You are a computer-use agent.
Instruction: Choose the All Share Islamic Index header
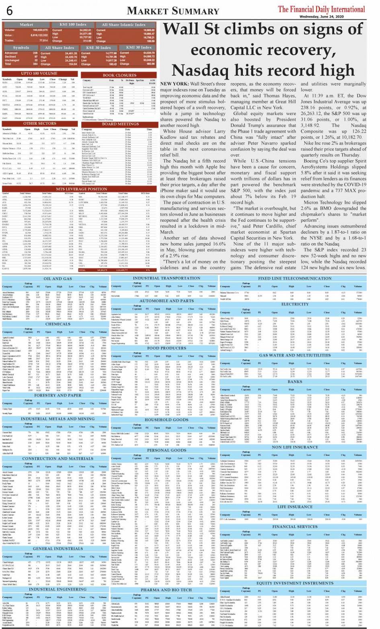[123, 25]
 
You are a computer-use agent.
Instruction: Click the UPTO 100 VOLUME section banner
[39, 74]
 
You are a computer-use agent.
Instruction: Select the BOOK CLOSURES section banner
[119, 75]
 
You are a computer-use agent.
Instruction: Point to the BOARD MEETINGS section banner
[120, 124]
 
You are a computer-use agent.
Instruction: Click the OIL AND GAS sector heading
[58, 278]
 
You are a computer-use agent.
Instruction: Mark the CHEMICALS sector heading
[58, 324]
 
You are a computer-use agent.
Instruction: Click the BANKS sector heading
[295, 382]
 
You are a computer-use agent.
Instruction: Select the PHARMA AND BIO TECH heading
[167, 590]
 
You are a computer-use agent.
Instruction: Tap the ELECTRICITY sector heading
[295, 304]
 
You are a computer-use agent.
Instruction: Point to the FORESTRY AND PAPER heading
[58, 395]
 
